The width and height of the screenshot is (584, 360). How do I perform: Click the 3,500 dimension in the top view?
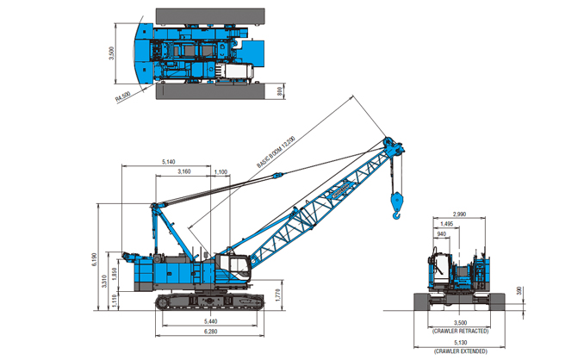110,53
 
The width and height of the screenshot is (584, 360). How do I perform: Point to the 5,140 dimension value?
168,163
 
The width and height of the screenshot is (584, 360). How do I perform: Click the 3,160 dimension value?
184,172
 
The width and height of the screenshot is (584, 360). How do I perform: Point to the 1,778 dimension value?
276,295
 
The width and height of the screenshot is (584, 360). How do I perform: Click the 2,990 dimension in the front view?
458,214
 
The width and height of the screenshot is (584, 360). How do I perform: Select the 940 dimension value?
442,234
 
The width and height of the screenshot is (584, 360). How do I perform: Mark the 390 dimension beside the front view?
519,290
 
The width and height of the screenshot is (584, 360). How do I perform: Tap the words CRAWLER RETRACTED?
460,331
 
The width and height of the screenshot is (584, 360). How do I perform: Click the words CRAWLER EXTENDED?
460,351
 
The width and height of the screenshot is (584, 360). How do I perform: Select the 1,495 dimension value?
446,224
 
